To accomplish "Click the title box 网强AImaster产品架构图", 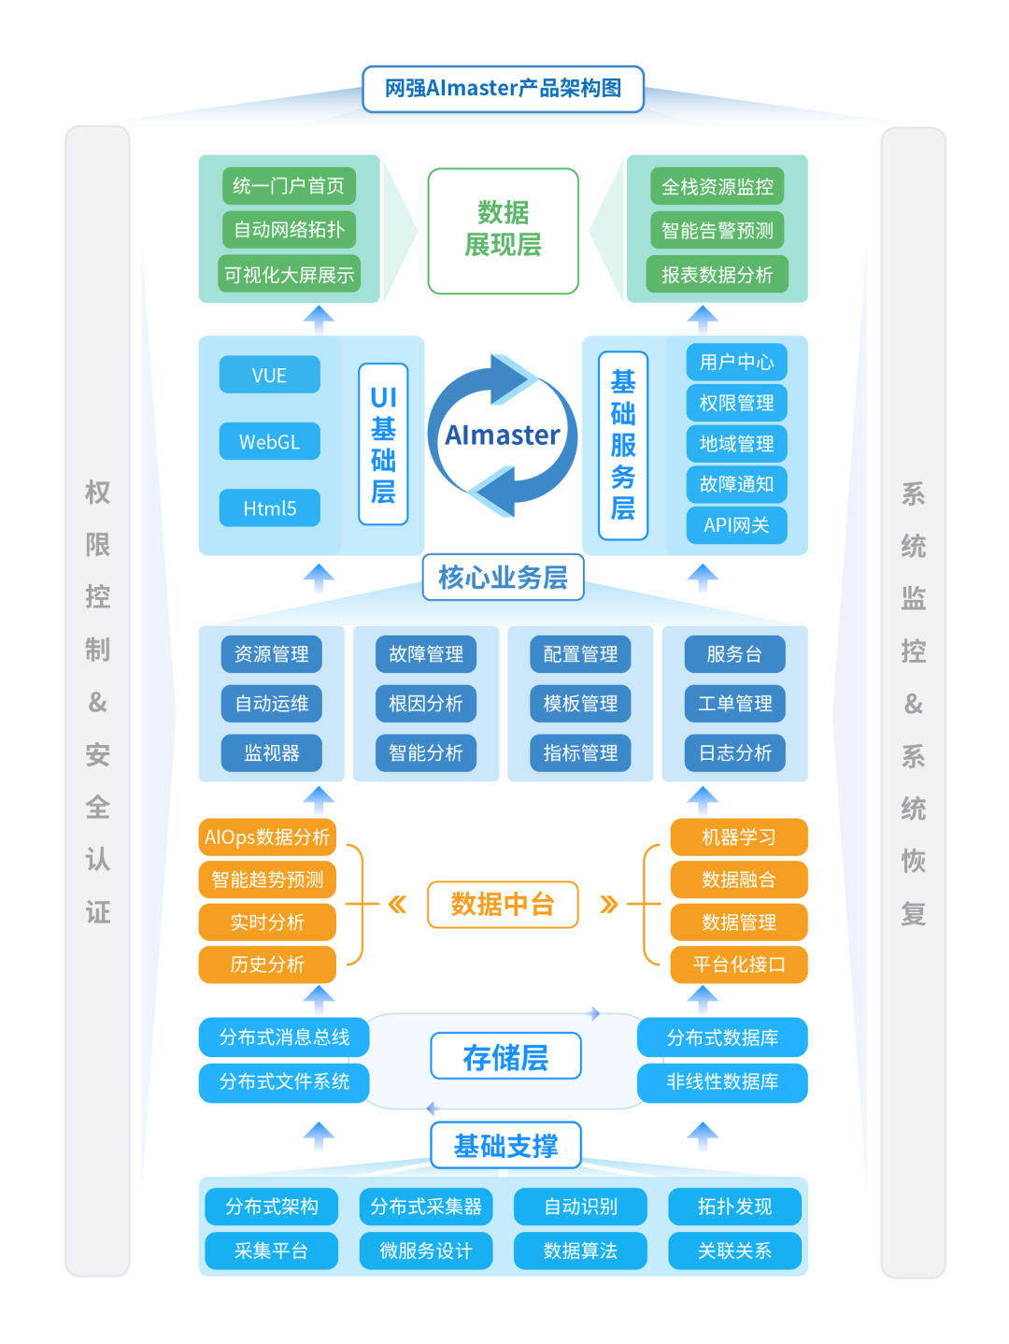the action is (x=503, y=89).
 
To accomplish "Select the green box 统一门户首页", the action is (x=289, y=186).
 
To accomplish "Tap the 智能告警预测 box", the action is (x=717, y=230).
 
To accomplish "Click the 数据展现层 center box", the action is (x=503, y=231).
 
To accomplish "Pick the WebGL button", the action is (x=269, y=441).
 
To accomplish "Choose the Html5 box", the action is (x=269, y=508).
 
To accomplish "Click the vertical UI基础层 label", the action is (x=383, y=444).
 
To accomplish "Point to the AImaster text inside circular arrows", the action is (x=503, y=435).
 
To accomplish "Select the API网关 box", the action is (x=736, y=524).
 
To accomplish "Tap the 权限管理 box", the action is (x=736, y=403).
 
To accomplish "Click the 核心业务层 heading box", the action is (x=503, y=577).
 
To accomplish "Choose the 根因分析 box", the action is (x=426, y=703).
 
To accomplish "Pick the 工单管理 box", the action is (x=735, y=703).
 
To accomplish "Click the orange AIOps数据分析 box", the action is (x=267, y=836).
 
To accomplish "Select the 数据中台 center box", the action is (x=503, y=904).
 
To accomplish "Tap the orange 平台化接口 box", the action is (x=739, y=965).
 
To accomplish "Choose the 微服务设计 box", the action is (x=426, y=1251).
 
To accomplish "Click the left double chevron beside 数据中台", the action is (x=398, y=905).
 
